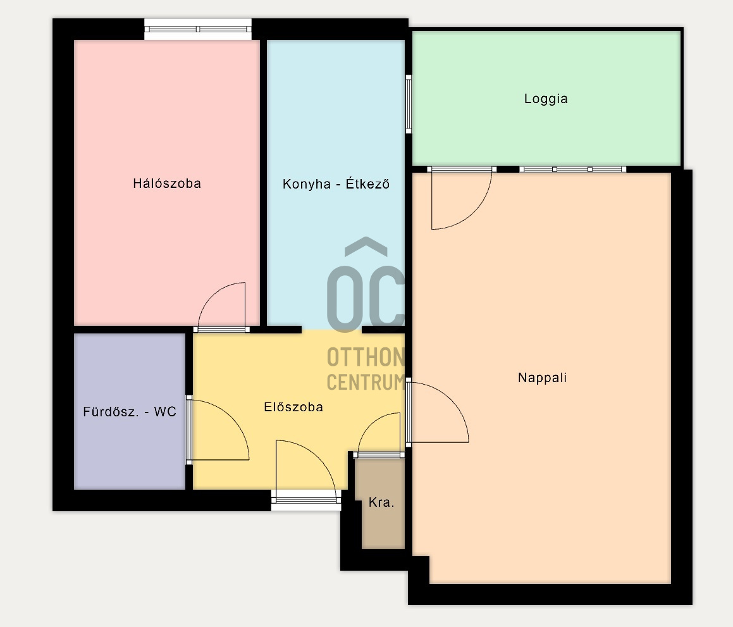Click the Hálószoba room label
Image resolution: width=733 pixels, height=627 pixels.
(x=167, y=183)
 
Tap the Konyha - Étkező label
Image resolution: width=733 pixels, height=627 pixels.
(x=336, y=183)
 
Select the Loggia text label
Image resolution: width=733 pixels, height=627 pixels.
(x=546, y=99)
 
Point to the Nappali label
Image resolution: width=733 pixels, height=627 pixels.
(x=542, y=378)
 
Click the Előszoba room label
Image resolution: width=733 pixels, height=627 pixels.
(x=293, y=407)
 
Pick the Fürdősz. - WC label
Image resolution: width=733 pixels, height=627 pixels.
(x=130, y=412)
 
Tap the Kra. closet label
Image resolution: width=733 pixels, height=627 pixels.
(x=381, y=502)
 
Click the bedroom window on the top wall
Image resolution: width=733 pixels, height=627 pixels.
(x=198, y=29)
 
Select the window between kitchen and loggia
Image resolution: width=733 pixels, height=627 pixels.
(x=408, y=104)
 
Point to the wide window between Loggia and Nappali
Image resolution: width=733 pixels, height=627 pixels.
(x=572, y=170)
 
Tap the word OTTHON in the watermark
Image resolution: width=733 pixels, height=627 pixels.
(x=366, y=357)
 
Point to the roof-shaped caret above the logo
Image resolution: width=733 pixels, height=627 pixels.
(x=366, y=246)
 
